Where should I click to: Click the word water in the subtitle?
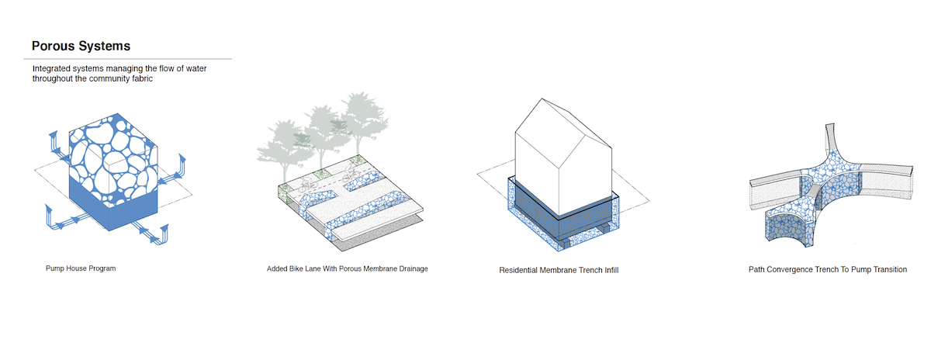pos(196,68)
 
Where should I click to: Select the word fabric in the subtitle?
pos(142,78)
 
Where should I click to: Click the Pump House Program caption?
pos(81,268)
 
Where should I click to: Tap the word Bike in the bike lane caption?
pos(296,269)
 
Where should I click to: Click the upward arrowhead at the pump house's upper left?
pos(54,135)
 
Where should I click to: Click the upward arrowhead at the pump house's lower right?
pos(165,229)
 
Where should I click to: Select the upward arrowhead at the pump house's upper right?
pos(182,159)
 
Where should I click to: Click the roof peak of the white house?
pos(542,99)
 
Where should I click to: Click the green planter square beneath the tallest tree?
pos(358,160)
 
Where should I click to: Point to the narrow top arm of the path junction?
pos(829,137)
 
